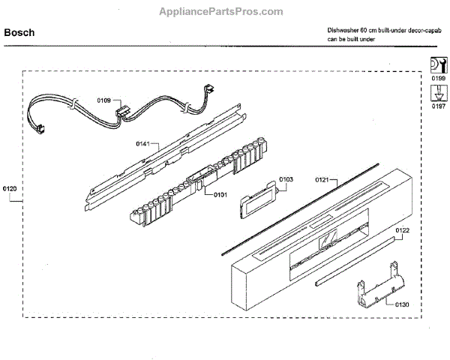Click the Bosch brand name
point(19,33)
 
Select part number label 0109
point(104,100)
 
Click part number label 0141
point(143,142)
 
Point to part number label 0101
point(220,195)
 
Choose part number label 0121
point(322,180)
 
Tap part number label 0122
point(402,229)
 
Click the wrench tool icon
point(436,63)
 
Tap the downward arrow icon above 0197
point(436,92)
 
